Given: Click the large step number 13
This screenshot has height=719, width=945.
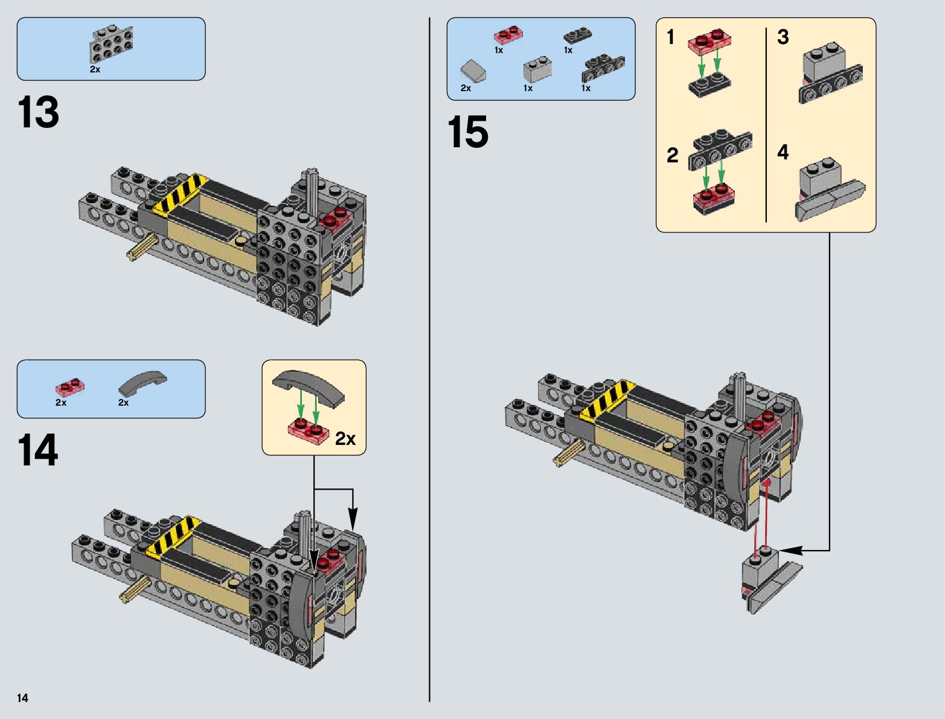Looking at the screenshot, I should tap(39, 112).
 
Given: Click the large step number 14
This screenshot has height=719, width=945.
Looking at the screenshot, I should tap(38, 450).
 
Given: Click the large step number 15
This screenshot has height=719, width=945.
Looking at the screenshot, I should tap(468, 132).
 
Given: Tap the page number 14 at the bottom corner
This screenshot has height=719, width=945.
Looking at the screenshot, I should tap(22, 698).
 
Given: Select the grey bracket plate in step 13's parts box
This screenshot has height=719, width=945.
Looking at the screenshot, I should tap(111, 43).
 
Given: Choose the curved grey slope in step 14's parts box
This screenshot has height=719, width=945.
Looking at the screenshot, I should tap(143, 383).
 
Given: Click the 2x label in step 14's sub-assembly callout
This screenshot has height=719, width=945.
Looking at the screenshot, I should tap(345, 439).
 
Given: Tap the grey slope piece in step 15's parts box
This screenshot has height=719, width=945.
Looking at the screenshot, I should tap(473, 72).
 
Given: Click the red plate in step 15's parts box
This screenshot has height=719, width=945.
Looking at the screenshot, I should tap(508, 35).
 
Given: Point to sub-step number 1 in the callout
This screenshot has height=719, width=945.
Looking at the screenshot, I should tap(670, 37).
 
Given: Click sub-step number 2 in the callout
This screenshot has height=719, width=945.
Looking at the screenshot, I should tap(672, 155).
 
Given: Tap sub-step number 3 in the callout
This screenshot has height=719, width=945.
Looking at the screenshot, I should tap(783, 37).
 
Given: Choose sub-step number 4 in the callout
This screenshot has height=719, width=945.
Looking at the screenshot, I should tap(783, 152).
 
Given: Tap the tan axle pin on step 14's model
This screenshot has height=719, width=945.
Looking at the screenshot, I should tap(135, 589).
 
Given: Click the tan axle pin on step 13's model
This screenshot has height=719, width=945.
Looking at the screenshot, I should tap(143, 248).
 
